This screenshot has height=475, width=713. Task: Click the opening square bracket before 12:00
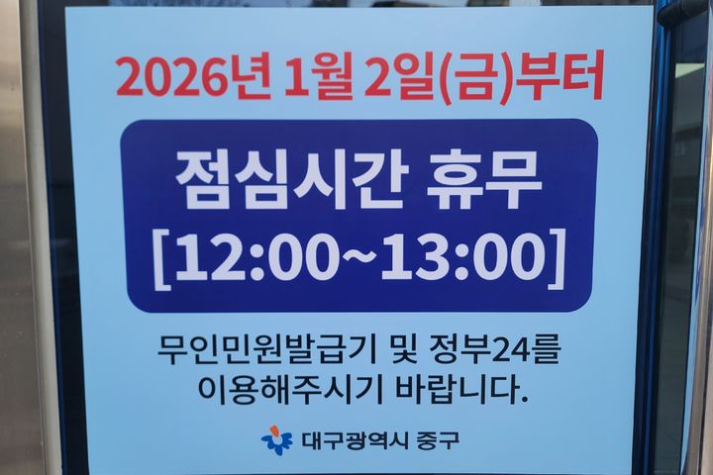[x=161, y=256]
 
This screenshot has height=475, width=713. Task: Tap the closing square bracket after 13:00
[x=555, y=256]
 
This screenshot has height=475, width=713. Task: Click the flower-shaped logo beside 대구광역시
[x=277, y=440]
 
